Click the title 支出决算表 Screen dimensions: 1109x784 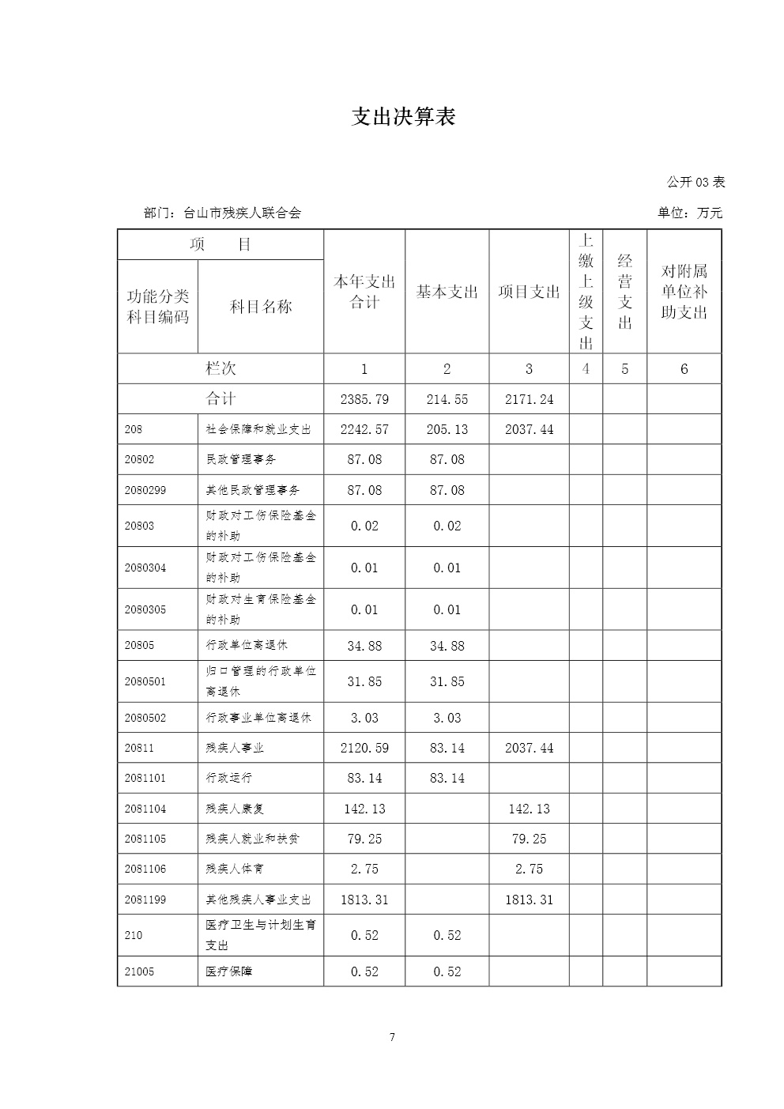[403, 118]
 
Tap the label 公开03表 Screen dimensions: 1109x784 [695, 182]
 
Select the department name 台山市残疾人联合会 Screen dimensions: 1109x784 [242, 213]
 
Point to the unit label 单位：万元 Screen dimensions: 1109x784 [689, 213]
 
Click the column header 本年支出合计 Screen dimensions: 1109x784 [364, 292]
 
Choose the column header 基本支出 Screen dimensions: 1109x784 [447, 292]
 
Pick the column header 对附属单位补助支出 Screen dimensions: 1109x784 [684, 292]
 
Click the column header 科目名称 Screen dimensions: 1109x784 [261, 307]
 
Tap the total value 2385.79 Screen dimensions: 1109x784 [364, 399]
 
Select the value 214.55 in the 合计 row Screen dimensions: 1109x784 [447, 399]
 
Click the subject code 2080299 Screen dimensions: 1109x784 [145, 490]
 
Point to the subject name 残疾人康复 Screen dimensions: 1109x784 [235, 809]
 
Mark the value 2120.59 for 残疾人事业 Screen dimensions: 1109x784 [364, 748]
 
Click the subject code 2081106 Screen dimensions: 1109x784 [145, 869]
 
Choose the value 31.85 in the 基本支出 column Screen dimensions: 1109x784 [447, 681]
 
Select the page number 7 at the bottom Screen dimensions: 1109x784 [392, 1038]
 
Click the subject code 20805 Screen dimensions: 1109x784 [140, 645]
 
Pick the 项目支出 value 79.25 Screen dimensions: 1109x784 [529, 839]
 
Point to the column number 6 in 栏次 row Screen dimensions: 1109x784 [684, 369]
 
